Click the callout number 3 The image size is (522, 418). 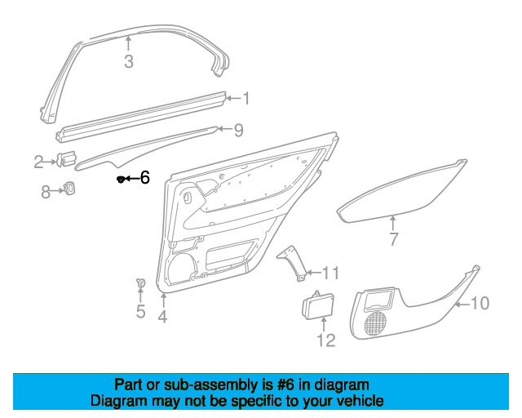pyautogui.click(x=129, y=62)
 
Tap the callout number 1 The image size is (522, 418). pyautogui.click(x=246, y=98)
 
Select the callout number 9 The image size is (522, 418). pyautogui.click(x=238, y=130)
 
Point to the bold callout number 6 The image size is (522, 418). pyautogui.click(x=145, y=177)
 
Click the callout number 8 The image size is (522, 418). pyautogui.click(x=46, y=193)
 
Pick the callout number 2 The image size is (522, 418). pyautogui.click(x=38, y=162)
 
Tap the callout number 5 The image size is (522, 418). pyautogui.click(x=141, y=311)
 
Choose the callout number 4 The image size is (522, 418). pyautogui.click(x=162, y=316)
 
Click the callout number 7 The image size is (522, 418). pyautogui.click(x=393, y=239)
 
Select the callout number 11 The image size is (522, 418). pyautogui.click(x=330, y=273)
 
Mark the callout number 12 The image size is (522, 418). pyautogui.click(x=326, y=340)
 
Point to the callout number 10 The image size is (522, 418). pyautogui.click(x=480, y=304)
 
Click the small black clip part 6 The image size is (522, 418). pyautogui.click(x=121, y=180)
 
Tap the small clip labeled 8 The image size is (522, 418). pyautogui.click(x=69, y=189)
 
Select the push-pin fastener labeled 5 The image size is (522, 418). pyautogui.click(x=141, y=283)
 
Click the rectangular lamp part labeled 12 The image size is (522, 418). pyautogui.click(x=317, y=305)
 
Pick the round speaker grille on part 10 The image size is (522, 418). pyautogui.click(x=376, y=323)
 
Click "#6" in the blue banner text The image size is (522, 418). pyautogui.click(x=285, y=385)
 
